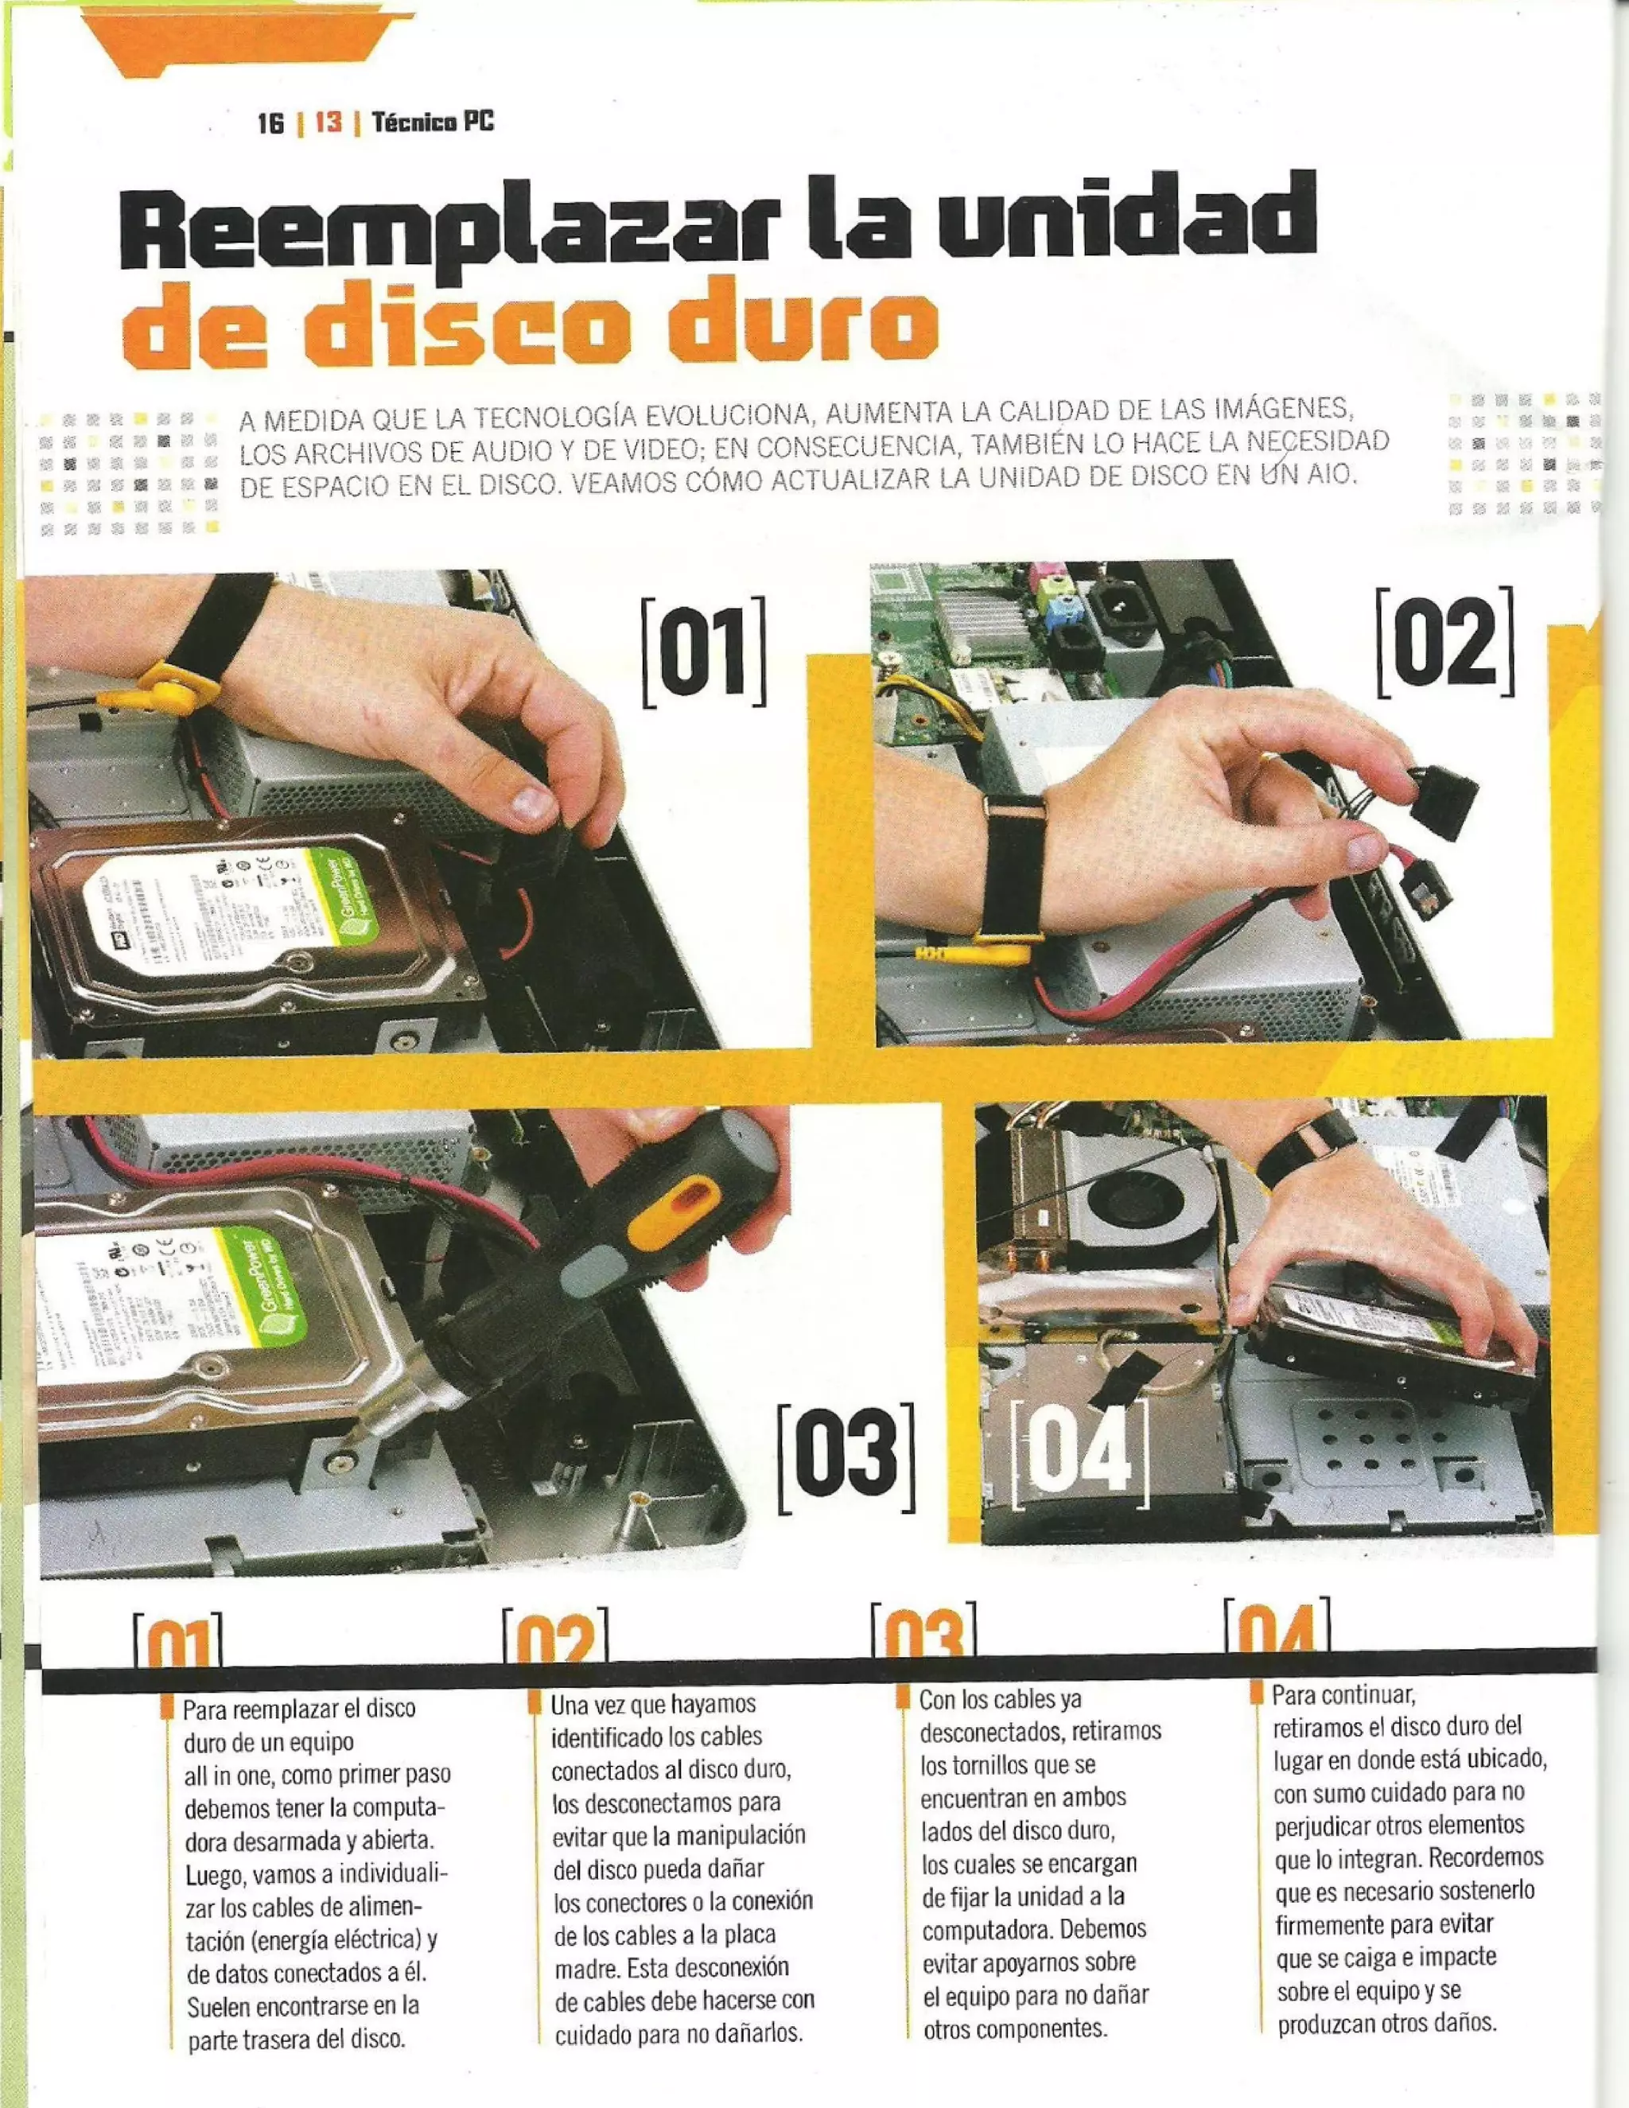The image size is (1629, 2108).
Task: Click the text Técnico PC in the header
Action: pyautogui.click(x=433, y=123)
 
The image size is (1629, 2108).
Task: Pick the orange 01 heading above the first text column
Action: pyautogui.click(x=177, y=1643)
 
